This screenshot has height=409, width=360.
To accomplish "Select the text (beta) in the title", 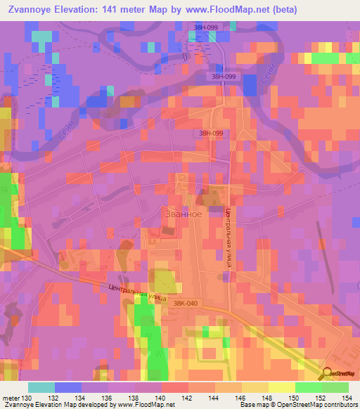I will pyautogui.click(x=279, y=9).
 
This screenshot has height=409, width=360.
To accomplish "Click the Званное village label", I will pyautogui.click(x=184, y=214).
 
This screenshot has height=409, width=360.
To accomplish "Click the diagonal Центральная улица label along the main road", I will pyautogui.click(x=138, y=292).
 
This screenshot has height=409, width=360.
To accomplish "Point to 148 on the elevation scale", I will pyautogui.click(x=269, y=398).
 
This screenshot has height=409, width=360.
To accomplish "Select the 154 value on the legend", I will pyautogui.click(x=348, y=398).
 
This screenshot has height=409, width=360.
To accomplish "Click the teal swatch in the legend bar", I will pyautogui.click(x=41, y=387).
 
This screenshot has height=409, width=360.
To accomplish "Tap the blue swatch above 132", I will pyautogui.click(x=68, y=387).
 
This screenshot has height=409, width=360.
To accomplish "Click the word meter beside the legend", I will pyautogui.click(x=11, y=398).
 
